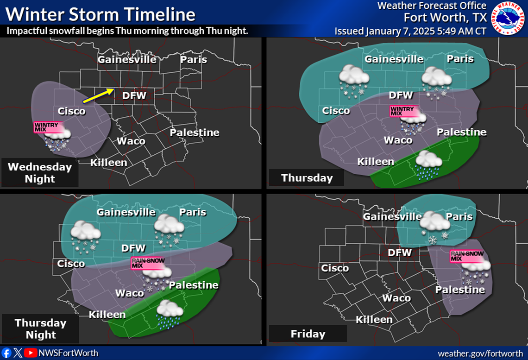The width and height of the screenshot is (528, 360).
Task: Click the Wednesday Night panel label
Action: click(x=40, y=173)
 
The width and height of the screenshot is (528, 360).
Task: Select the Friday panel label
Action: click(x=308, y=334)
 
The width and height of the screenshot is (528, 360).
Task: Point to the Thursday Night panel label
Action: click(x=40, y=328)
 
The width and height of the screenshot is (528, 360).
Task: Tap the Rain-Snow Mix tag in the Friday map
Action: click(x=467, y=256)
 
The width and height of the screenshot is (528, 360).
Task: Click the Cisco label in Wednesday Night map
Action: click(x=71, y=111)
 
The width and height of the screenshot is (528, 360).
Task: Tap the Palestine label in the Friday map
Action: click(x=460, y=290)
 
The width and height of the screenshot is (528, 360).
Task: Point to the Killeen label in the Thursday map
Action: click(x=376, y=162)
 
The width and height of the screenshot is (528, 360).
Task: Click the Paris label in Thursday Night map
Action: click(x=193, y=212)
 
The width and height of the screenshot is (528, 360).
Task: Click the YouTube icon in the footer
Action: click(x=31, y=353)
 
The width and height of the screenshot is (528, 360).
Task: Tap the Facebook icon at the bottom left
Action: click(x=6, y=353)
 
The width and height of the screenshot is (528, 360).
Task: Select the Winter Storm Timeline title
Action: click(x=100, y=14)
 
